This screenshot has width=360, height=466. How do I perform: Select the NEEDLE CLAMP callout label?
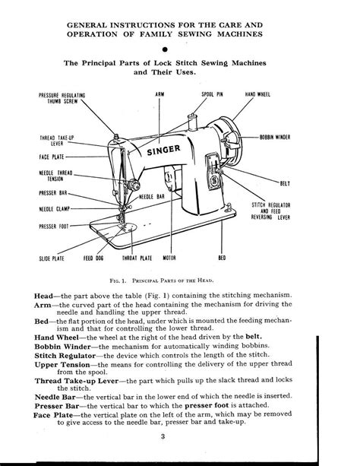[x=56, y=208]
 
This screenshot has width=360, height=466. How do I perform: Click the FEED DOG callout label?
[x=104, y=258]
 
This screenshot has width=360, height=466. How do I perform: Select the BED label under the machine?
[x=243, y=258]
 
